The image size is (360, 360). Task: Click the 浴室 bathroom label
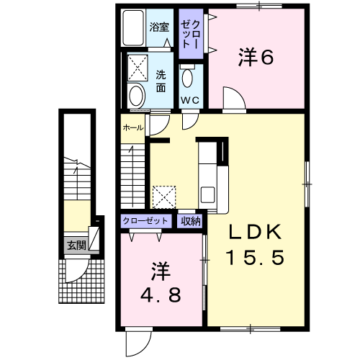click(x=159, y=27)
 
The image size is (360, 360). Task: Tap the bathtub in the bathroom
click(x=133, y=27)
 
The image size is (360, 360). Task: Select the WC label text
click(x=190, y=100)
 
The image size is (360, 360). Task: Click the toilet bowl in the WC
click(x=188, y=78)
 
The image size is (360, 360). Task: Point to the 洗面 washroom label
click(x=161, y=81)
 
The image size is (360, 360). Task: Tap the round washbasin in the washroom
click(x=136, y=96)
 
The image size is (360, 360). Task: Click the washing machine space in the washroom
click(x=138, y=68)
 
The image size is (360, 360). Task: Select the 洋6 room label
click(x=256, y=57)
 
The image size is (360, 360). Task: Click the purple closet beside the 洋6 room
click(x=191, y=34)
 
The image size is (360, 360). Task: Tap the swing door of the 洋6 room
click(x=234, y=98)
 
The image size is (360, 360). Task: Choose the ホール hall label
click(x=133, y=128)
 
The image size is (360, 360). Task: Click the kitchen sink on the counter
click(x=207, y=194)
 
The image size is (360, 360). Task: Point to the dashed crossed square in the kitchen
click(x=164, y=197)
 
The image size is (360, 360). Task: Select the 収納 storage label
click(x=191, y=220)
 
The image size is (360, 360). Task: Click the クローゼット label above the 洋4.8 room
click(x=145, y=220)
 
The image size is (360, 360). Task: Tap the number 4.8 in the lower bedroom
click(x=161, y=295)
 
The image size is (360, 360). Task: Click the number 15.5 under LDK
click(x=256, y=257)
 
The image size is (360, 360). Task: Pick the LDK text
click(x=256, y=232)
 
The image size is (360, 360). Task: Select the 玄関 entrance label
click(x=76, y=246)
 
